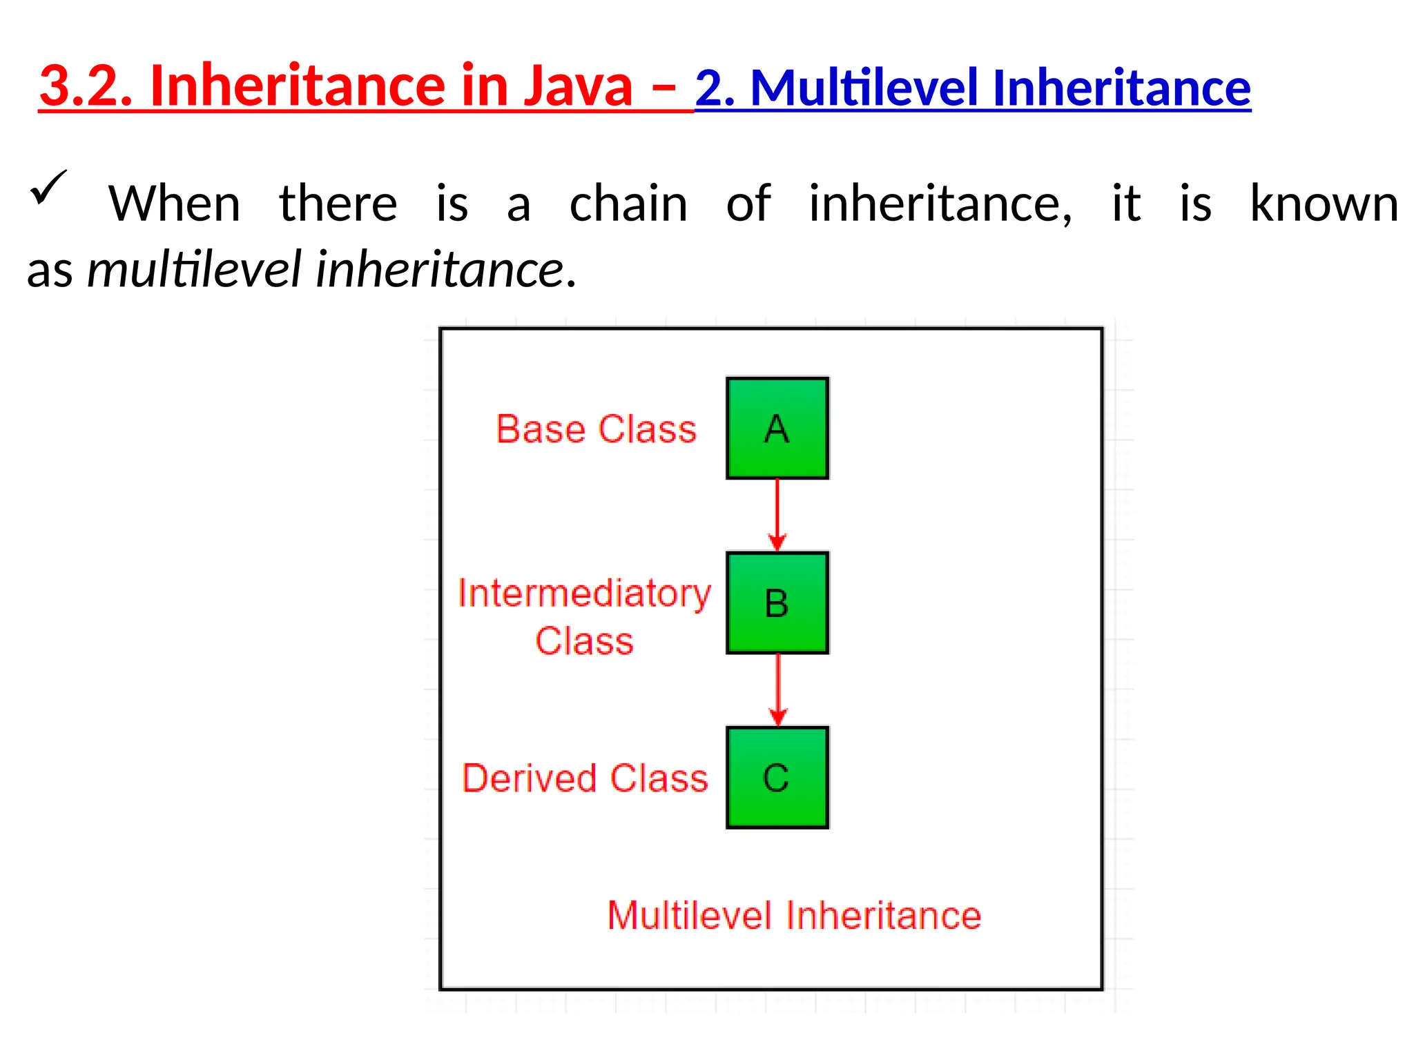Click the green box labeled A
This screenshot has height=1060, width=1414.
tap(777, 428)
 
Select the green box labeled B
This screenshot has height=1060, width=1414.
tap(777, 602)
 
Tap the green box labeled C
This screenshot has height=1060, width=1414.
tap(777, 777)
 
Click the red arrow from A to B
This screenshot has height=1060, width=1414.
tap(777, 514)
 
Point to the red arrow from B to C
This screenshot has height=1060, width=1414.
tap(778, 689)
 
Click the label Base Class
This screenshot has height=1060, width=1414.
tap(596, 429)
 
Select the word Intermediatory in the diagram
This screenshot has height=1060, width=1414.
tap(584, 593)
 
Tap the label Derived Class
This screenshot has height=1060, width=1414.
tap(585, 778)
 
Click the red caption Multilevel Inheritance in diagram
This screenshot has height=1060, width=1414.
tap(794, 915)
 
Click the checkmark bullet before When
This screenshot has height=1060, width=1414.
tap(48, 188)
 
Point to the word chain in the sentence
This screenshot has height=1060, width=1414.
tap(628, 204)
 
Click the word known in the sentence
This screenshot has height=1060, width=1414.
tap(1324, 204)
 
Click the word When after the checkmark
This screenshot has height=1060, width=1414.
tap(174, 204)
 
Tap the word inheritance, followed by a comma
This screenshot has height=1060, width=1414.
tap(940, 204)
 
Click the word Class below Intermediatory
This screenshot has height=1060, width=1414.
tap(584, 640)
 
